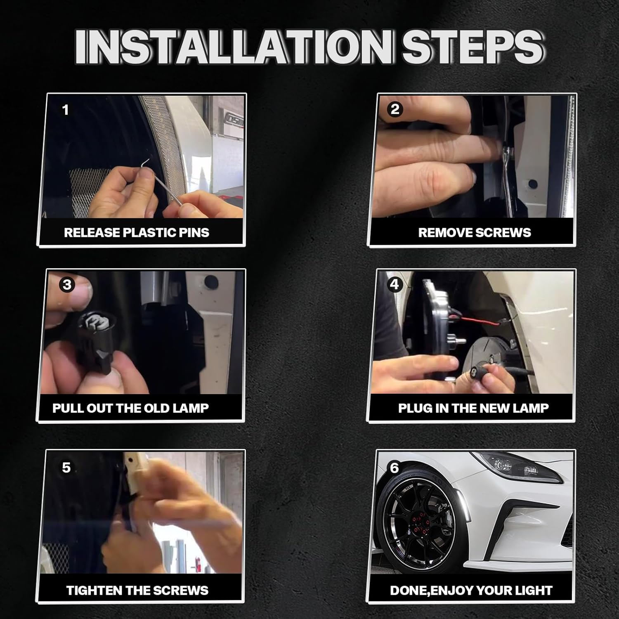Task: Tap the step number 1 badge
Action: click(65, 110)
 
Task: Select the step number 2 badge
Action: click(395, 109)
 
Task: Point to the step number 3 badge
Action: click(67, 285)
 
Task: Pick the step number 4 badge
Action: click(395, 284)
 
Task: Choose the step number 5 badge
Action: click(66, 468)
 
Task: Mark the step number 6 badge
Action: click(395, 468)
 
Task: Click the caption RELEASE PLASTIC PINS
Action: click(137, 233)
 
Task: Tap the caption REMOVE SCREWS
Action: click(475, 233)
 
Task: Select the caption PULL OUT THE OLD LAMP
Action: click(130, 408)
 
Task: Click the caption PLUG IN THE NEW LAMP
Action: click(473, 408)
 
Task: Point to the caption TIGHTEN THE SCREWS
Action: click(137, 591)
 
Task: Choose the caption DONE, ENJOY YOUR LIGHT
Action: click(471, 591)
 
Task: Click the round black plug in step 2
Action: click(533, 184)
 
